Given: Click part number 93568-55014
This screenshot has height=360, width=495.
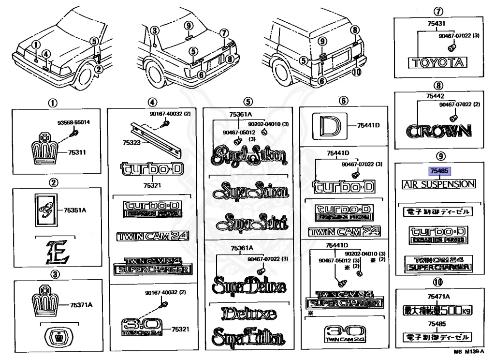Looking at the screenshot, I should point(73,122).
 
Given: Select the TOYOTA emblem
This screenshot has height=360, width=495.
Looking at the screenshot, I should point(438,62).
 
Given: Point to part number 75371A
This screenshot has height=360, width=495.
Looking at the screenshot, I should point(81,304).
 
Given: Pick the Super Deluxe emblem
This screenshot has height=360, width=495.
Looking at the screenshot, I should point(247,285).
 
